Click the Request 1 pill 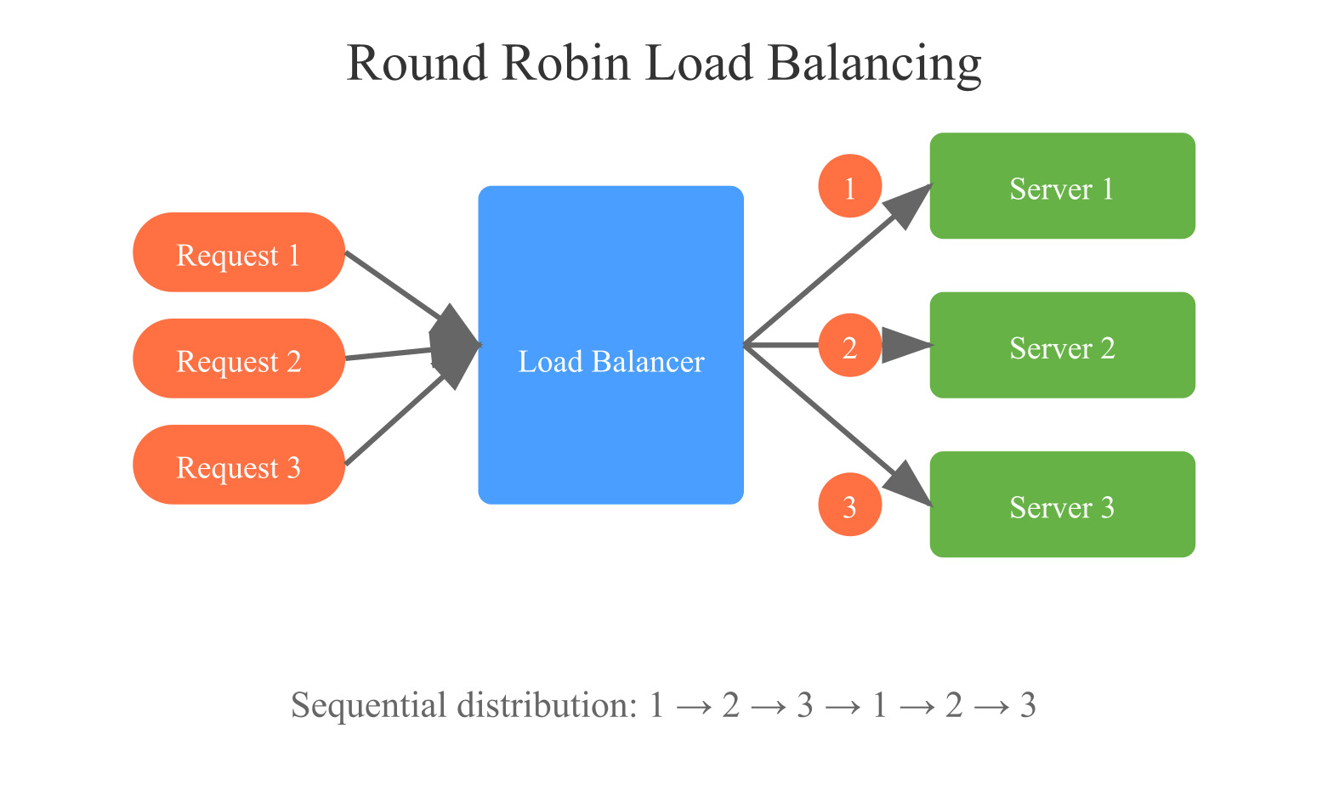[238, 252]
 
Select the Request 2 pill [238, 358]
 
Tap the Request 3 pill [238, 465]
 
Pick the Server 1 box [1062, 185]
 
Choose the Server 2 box [1062, 345]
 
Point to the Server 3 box [1062, 505]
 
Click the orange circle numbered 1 [849, 185]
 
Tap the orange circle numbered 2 [849, 346]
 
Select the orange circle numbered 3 [849, 505]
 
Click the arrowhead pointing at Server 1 [909, 205]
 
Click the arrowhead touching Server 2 [905, 345]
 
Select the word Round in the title [417, 63]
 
